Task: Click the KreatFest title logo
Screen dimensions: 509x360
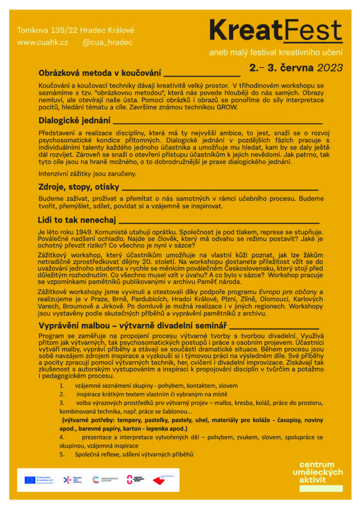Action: [275, 31]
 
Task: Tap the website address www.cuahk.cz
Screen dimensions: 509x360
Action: [42, 43]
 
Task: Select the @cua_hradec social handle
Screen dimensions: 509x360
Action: [107, 43]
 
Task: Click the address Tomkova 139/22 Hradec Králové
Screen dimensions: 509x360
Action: [76, 30]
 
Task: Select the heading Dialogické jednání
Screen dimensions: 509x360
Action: [74, 120]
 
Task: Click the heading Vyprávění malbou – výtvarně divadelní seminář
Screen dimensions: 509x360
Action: [132, 326]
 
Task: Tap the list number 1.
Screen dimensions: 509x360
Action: [61, 386]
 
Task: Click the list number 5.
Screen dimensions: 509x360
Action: [61, 454]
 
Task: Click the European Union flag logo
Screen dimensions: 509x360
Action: [30, 480]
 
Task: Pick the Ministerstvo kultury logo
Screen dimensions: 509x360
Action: [105, 480]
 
